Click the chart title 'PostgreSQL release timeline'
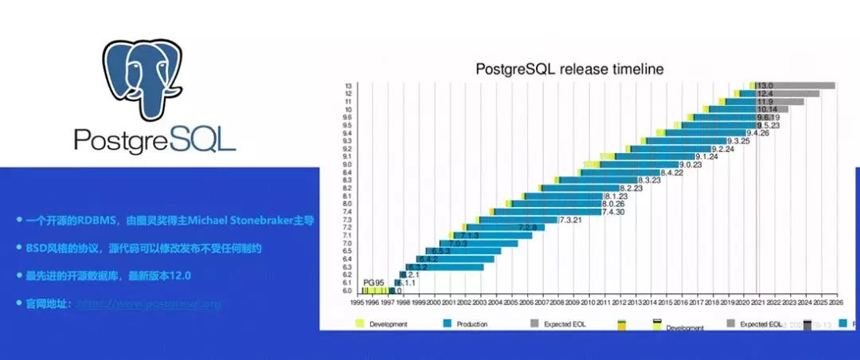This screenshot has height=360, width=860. (x=569, y=68)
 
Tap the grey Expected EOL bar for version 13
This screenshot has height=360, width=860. (x=804, y=85)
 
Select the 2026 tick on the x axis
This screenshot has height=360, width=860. (x=835, y=302)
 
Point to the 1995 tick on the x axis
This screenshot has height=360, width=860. (x=358, y=302)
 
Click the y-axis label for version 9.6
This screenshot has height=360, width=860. (x=348, y=117)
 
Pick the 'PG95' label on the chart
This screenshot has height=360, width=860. (x=374, y=283)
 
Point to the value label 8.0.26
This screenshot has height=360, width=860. (x=608, y=204)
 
